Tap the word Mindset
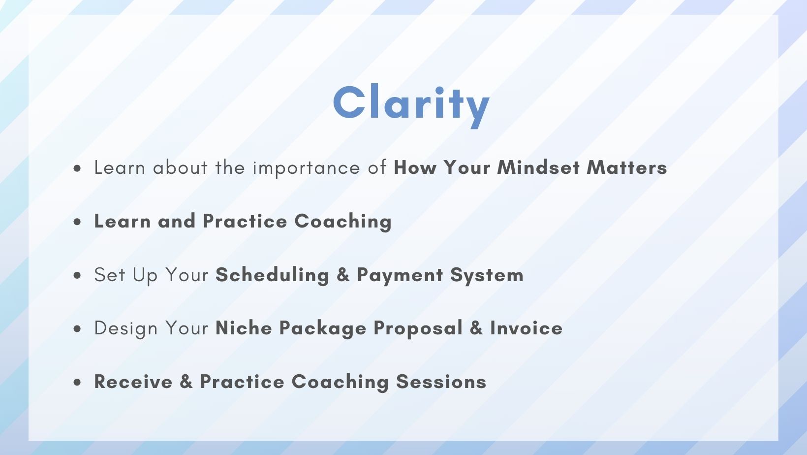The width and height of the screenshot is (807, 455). [539, 167]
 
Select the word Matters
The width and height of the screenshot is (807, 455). [627, 167]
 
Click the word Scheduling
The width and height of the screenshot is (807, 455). [273, 275]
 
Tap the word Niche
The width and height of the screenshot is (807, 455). [244, 328]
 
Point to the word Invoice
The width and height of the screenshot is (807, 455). [526, 328]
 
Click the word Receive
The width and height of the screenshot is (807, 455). [133, 382]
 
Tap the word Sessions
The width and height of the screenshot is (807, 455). [441, 382]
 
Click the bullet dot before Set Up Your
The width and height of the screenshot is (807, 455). [77, 276]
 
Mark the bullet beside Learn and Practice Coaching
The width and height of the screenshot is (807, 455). [77, 222]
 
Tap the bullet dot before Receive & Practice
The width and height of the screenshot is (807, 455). [77, 383]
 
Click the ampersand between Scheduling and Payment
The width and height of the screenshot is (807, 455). [343, 275]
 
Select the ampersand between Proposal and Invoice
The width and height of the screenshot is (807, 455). [476, 328]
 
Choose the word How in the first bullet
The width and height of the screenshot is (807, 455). [415, 167]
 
